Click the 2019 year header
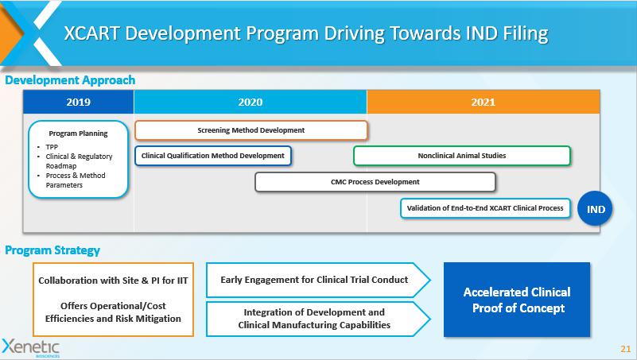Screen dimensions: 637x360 [79, 102]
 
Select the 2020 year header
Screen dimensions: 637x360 [251, 102]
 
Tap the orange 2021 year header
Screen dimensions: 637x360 [483, 102]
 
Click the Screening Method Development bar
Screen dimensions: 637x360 [251, 130]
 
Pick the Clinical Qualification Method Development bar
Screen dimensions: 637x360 [213, 156]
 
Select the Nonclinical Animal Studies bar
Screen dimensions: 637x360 [462, 156]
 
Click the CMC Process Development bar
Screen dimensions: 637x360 [375, 182]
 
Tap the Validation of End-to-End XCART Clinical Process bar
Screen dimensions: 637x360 [485, 208]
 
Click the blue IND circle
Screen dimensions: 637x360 [595, 209]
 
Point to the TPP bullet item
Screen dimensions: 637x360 [52, 147]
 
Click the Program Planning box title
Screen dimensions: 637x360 [79, 134]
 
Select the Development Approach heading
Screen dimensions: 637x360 [70, 80]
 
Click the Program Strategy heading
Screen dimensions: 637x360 [52, 250]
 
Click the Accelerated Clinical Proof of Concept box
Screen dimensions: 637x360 [517, 300]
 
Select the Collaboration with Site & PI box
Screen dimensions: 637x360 [113, 300]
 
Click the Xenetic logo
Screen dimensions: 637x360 [31, 348]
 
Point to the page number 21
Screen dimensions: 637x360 [626, 349]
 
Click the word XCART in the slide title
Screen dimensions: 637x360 [91, 33]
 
